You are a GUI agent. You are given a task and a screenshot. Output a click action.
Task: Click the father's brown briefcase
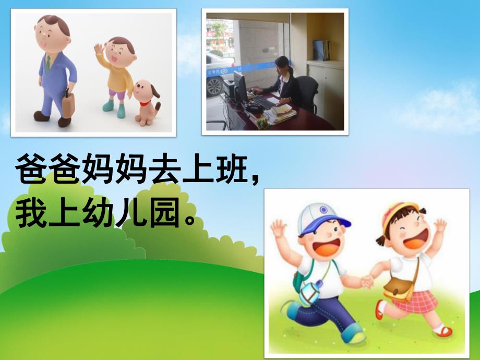(x=68, y=110)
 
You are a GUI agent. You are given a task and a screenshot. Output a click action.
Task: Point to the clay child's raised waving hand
(x=98, y=50)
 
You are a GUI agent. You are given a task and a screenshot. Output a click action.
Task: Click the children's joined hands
(x=368, y=282)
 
